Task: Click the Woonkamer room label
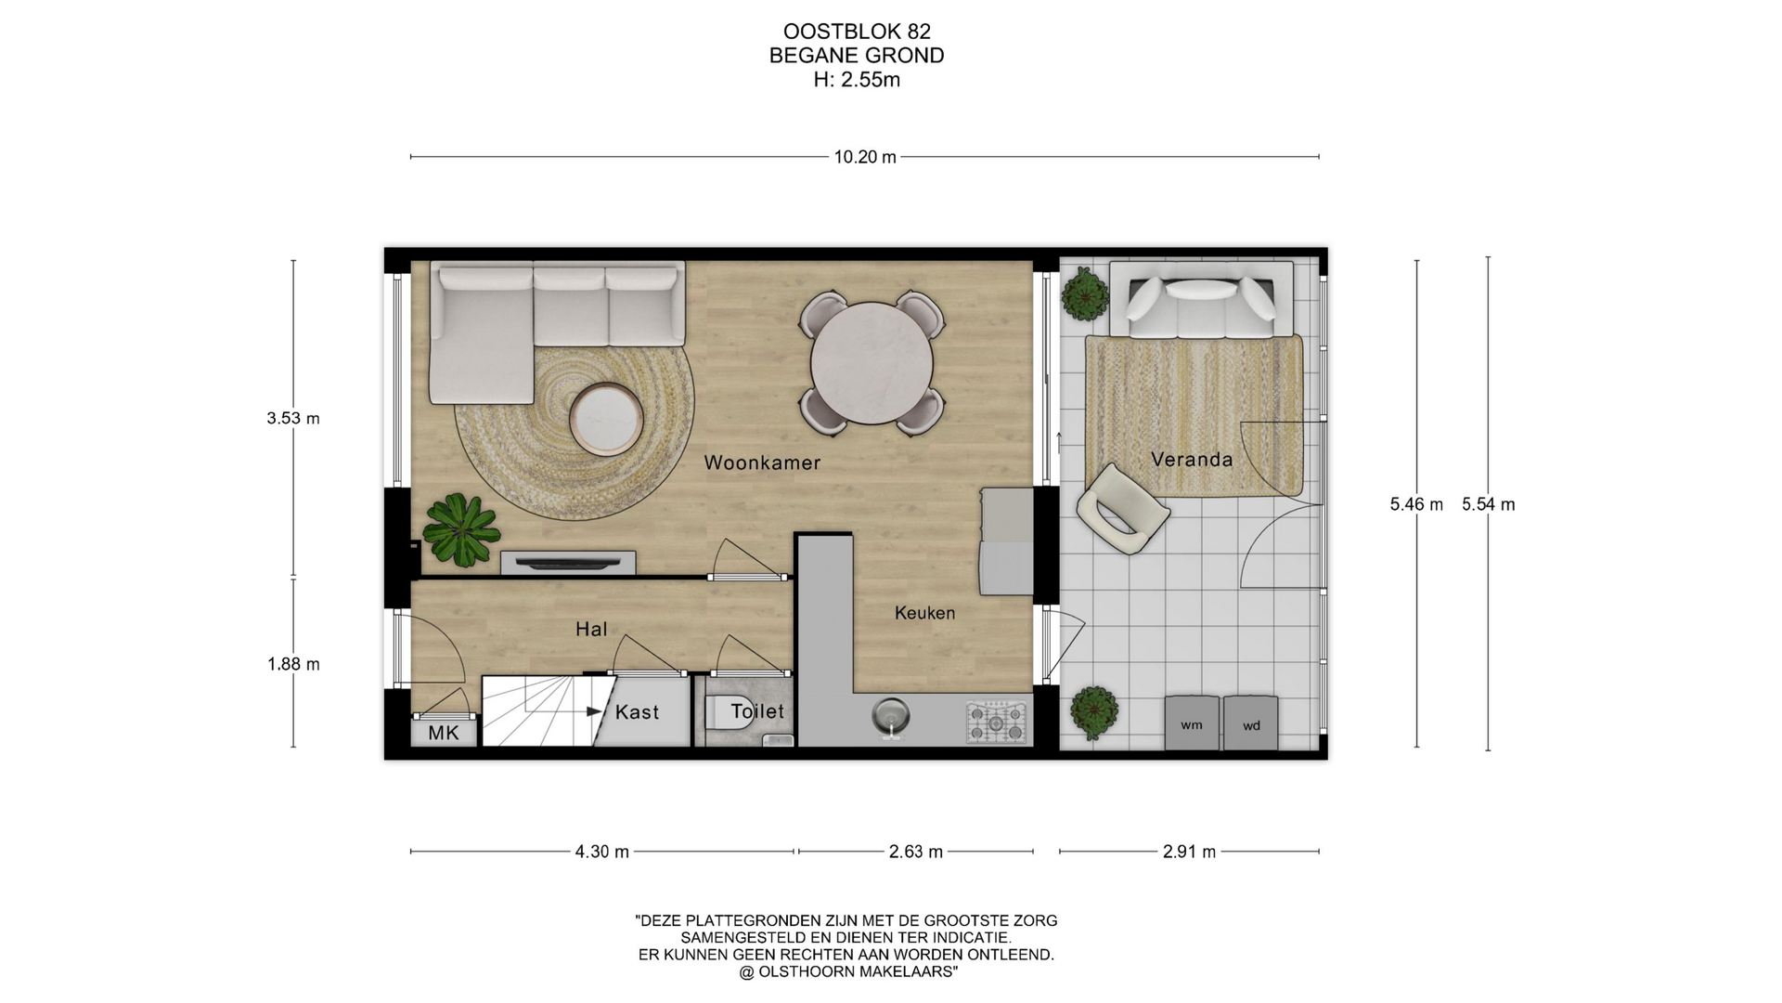[x=762, y=462]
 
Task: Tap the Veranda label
[x=1192, y=459]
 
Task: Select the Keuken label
[x=924, y=613]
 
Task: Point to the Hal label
[x=591, y=630]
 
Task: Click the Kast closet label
[x=637, y=712]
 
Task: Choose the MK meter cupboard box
[x=444, y=733]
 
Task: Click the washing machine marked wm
[x=1192, y=723]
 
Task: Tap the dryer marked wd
[x=1250, y=723]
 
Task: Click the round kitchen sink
[x=890, y=717]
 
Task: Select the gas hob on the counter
[x=996, y=722]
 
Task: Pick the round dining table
[x=872, y=363]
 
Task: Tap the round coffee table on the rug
[x=606, y=420]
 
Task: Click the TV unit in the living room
[x=568, y=563]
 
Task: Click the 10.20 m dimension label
[x=865, y=157]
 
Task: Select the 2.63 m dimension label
[x=915, y=852]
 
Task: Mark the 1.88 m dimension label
[x=293, y=664]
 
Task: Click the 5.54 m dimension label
[x=1488, y=504]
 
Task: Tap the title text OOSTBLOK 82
[x=857, y=33]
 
